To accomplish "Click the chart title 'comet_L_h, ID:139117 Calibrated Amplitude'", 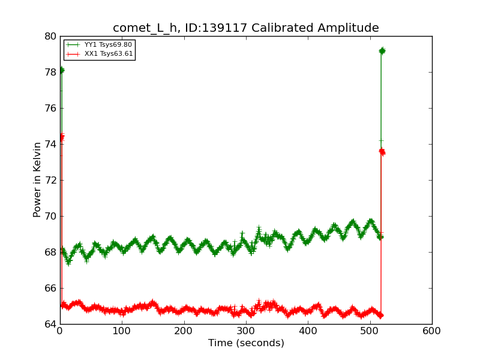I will [246, 28].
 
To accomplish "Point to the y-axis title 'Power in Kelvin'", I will [37, 179].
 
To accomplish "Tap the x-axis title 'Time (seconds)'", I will [246, 343].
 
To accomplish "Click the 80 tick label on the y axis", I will [50, 36].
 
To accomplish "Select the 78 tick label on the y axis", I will [50, 72].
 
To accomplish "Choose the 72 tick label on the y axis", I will [50, 180].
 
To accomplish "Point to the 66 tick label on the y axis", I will [50, 288].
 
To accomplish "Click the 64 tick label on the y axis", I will [50, 324].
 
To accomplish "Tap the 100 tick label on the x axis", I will [122, 331].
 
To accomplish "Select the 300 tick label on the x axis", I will [246, 331].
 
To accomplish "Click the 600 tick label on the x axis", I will [432, 331].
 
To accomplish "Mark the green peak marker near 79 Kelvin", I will [382, 51].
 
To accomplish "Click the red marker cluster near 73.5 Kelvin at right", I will [382, 152].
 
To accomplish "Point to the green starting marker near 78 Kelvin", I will [61, 70].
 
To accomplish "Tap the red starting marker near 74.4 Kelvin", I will [61, 137].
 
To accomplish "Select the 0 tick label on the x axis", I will [60, 331].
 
